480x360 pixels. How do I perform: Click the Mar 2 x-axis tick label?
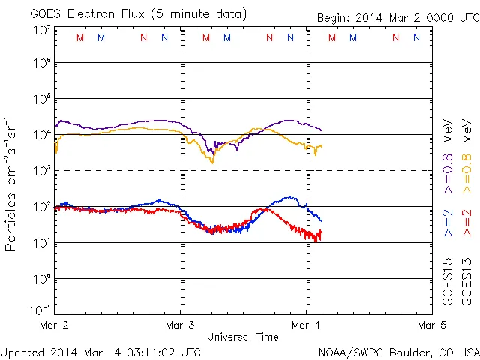pos(56,325)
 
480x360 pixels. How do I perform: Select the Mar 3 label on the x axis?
pos(180,325)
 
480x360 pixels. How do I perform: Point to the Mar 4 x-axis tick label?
pos(305,325)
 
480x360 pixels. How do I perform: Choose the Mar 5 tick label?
pos(430,325)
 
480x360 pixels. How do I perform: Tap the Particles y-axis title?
pos(12,183)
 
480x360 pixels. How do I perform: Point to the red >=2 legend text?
pos(466,222)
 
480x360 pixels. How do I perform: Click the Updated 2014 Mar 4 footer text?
pos(100,351)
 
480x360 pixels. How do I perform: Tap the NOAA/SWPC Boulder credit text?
pos(398,351)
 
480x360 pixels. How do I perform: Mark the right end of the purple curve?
pos(322,130)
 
